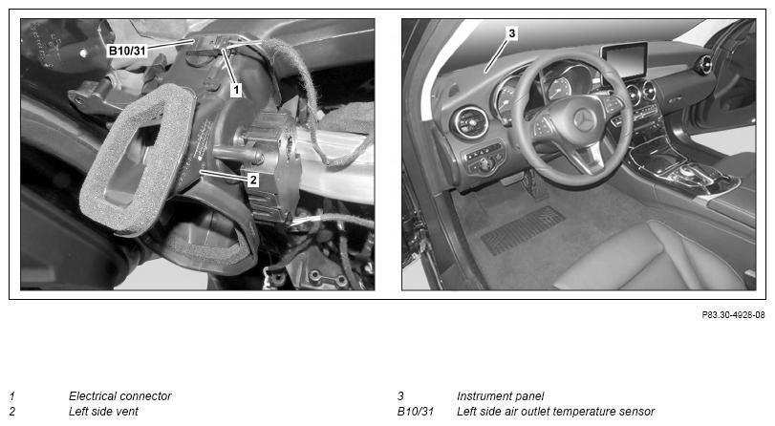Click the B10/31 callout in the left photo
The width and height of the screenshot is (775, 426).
tap(127, 51)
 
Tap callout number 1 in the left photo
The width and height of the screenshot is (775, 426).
tap(236, 90)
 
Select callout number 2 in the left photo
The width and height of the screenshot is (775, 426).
tap(253, 180)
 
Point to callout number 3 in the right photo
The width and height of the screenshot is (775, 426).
tap(512, 33)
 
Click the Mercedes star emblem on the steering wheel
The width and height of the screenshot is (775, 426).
tap(583, 119)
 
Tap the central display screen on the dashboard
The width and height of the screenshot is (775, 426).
tap(625, 60)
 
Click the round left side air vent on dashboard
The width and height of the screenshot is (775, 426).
tap(468, 122)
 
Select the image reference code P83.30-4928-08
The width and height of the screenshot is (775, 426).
tap(733, 315)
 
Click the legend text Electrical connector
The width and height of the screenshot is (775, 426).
tap(119, 395)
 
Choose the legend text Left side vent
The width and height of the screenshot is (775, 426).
tap(103, 411)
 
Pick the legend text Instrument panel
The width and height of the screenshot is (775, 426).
tap(500, 395)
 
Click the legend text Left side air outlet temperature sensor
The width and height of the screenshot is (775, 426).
tap(555, 411)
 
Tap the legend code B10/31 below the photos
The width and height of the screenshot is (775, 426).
tap(415, 411)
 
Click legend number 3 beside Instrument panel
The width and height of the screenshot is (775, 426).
tap(400, 395)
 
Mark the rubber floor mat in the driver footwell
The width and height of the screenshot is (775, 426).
tap(523, 229)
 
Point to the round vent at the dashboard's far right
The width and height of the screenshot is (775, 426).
tap(704, 65)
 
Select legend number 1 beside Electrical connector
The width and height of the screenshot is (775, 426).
tap(12, 395)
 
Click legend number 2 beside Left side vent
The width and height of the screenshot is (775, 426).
tap(12, 411)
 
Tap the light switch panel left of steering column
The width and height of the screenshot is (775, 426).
tap(484, 158)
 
